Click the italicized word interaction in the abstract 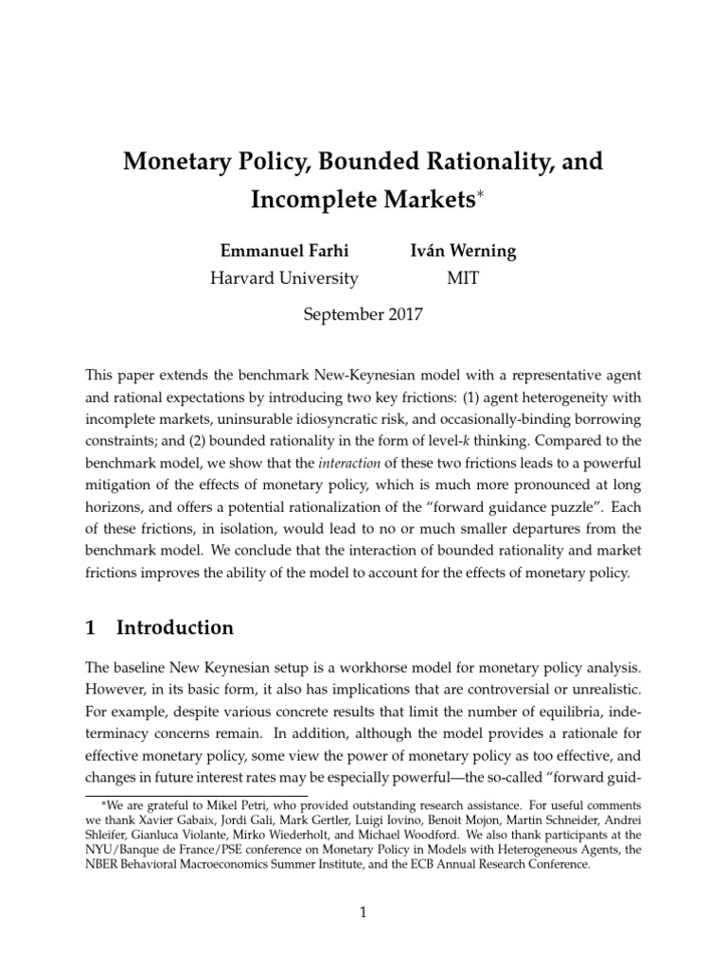(x=357, y=464)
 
